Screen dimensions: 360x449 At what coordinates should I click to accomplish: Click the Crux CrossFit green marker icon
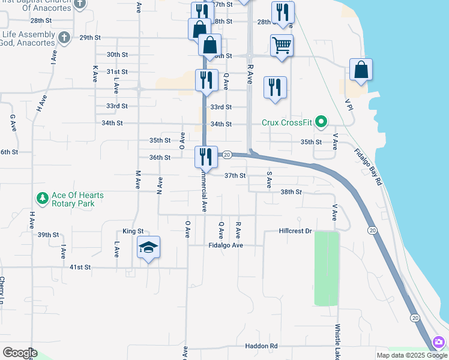point(321,122)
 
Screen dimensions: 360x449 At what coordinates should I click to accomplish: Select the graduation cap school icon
point(148,247)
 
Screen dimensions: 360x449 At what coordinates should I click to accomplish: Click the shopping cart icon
point(282,44)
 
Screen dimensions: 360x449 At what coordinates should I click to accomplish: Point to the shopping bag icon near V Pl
point(361,70)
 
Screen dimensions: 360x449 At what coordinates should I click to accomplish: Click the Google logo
point(19,353)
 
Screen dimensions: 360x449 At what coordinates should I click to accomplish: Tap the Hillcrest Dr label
point(296,231)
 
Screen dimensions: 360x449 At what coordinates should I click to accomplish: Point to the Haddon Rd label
point(261,346)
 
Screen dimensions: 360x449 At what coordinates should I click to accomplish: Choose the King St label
point(133,231)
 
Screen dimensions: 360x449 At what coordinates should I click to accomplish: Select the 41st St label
point(79,266)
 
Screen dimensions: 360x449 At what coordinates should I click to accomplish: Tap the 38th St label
point(291,192)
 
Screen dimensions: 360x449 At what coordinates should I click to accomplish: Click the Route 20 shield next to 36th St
point(227,155)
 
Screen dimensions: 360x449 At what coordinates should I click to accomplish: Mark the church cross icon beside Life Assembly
point(66,37)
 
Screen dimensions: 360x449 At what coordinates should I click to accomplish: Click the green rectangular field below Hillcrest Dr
point(327,268)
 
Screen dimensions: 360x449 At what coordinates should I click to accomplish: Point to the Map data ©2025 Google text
point(411,355)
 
